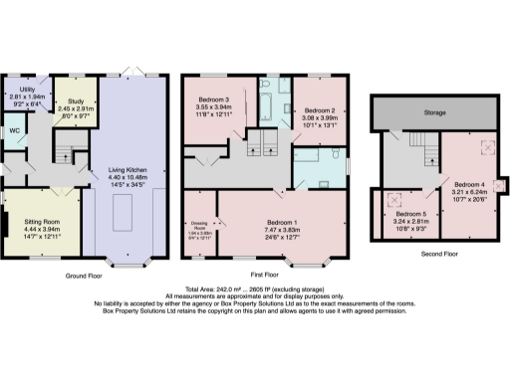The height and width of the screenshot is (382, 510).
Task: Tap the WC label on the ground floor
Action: (x=14, y=130)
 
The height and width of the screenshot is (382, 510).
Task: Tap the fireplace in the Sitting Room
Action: (x=4, y=224)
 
